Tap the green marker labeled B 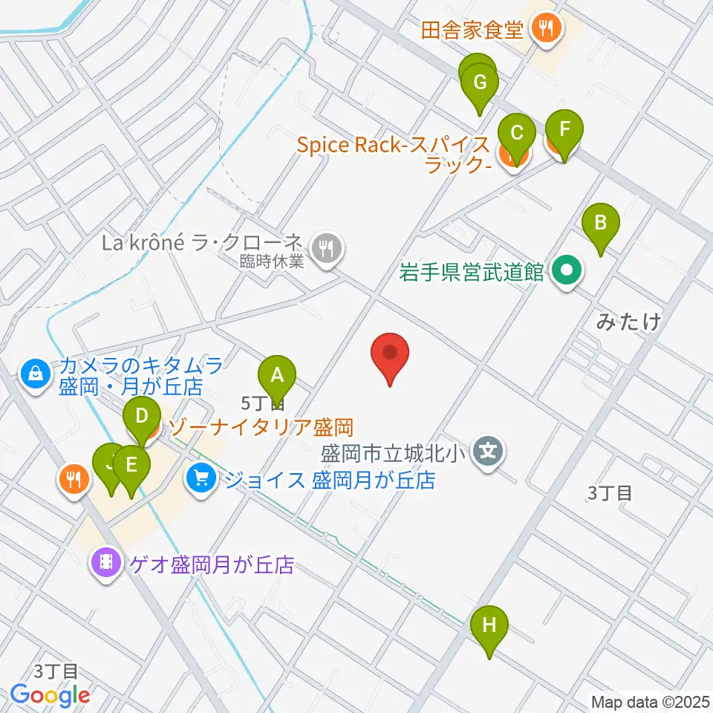click(600, 222)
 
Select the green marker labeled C click(517, 134)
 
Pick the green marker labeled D click(141, 416)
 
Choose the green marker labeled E click(131, 465)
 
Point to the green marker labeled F click(564, 128)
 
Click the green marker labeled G click(480, 82)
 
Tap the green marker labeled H click(489, 625)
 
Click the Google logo click(50, 695)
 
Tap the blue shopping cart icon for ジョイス click(200, 477)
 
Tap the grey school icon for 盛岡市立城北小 click(488, 451)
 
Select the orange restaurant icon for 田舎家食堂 click(547, 30)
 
